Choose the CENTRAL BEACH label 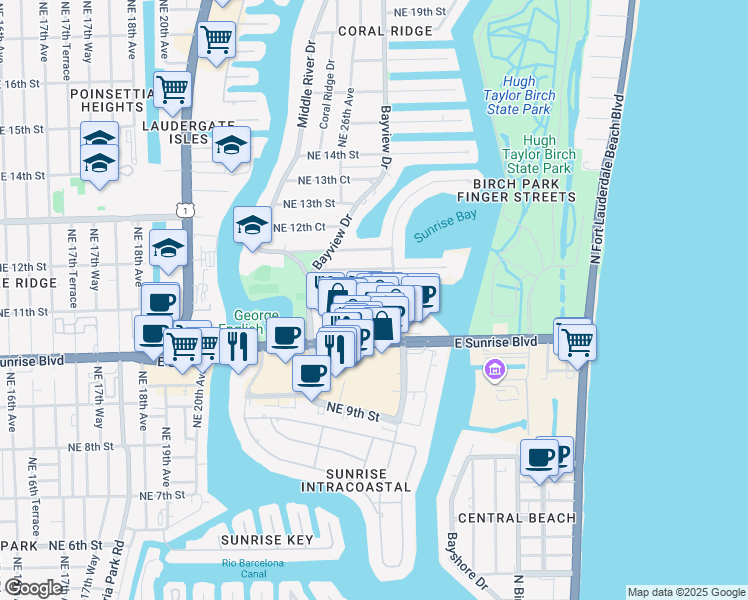(516, 518)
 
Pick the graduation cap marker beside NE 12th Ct (253, 225)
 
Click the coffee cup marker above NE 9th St (312, 373)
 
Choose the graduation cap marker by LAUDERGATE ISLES (231, 145)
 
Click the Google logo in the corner (33, 588)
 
